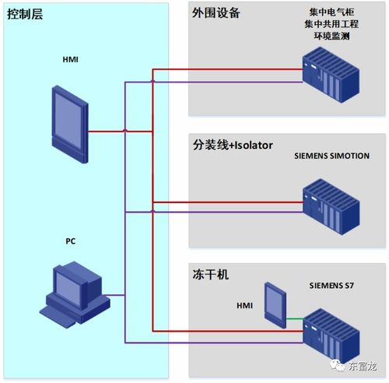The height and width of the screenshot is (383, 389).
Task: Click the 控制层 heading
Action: click(25, 14)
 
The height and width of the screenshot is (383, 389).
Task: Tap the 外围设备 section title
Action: click(216, 13)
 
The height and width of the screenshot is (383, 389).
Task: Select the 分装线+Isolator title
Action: click(233, 145)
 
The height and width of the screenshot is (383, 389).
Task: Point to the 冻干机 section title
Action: click(211, 275)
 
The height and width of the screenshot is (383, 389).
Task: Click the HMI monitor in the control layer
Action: click(70, 125)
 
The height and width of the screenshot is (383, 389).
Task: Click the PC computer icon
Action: click(75, 294)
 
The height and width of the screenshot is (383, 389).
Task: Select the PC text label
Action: click(71, 241)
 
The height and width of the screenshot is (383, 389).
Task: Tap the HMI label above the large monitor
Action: click(71, 60)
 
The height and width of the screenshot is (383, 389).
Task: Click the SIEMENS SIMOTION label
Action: click(331, 156)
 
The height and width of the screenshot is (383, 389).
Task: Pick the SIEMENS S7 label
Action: click(331, 286)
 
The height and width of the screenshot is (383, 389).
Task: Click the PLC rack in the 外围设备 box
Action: click(331, 75)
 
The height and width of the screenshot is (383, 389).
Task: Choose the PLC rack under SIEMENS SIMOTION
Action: click(331, 206)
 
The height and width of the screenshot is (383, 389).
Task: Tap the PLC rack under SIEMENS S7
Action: click(331, 336)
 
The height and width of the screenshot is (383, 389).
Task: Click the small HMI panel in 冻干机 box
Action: click(275, 305)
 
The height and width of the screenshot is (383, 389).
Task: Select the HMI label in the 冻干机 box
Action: click(245, 306)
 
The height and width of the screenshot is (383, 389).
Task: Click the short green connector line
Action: click(295, 318)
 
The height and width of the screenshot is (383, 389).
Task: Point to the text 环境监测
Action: click(331, 36)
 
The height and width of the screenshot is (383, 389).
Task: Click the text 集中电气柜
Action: click(331, 12)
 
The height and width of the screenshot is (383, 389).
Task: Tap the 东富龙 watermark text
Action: click(363, 366)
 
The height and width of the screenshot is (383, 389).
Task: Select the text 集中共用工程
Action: click(331, 24)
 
